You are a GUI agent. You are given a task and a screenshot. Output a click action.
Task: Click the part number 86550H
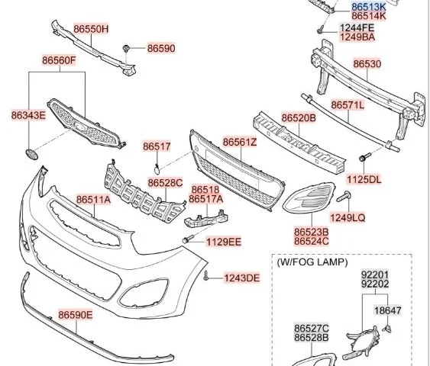tap(91, 29)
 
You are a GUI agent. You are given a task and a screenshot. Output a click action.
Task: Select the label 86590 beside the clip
tap(161, 49)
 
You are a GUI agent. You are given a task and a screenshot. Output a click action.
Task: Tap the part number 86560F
tap(59, 60)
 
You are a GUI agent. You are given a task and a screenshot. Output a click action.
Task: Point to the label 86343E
tap(28, 115)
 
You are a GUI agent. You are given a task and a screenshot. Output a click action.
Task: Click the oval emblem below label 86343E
tap(32, 154)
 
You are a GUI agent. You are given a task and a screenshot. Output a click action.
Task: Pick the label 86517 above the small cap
tap(157, 146)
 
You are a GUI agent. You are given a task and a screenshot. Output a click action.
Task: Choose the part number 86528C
tap(166, 183)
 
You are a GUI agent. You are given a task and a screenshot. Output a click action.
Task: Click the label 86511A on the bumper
tap(93, 200)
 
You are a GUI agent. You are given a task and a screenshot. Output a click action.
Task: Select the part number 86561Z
tap(240, 143)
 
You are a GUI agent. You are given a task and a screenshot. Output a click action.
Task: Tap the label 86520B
tap(299, 118)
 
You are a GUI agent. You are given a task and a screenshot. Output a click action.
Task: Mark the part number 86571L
tap(348, 105)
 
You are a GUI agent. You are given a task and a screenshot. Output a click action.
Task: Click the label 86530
tap(367, 64)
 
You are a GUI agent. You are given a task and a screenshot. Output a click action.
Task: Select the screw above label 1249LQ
tap(344, 196)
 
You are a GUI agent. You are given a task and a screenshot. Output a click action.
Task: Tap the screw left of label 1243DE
tap(206, 276)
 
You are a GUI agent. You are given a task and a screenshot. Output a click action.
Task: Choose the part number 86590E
tap(76, 315)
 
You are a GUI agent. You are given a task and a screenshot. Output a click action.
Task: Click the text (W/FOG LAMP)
tap(312, 262)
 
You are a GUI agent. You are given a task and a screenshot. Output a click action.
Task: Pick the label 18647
tap(388, 310)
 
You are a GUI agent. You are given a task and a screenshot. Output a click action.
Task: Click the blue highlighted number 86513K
tap(369, 7)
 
